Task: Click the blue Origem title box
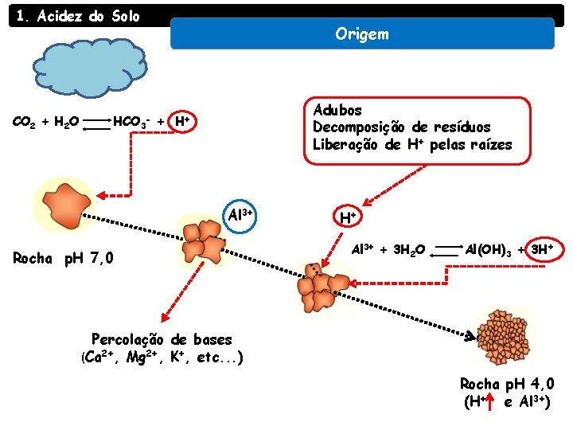pos(362,34)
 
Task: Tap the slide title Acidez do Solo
pos(78,16)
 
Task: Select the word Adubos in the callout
pos(337,110)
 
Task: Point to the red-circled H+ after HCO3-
pos(181,121)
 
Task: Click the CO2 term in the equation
pos(23,122)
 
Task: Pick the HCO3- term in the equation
pos(131,122)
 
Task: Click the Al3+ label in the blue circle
pos(240,214)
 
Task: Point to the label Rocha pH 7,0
pos(64,258)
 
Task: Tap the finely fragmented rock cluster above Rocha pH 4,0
pos(503,333)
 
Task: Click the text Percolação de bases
pos(162,339)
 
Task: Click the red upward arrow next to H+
pos(491,401)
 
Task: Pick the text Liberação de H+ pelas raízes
pos(412,145)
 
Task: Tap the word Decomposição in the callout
pos(357,127)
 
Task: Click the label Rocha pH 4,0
pos(507,384)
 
